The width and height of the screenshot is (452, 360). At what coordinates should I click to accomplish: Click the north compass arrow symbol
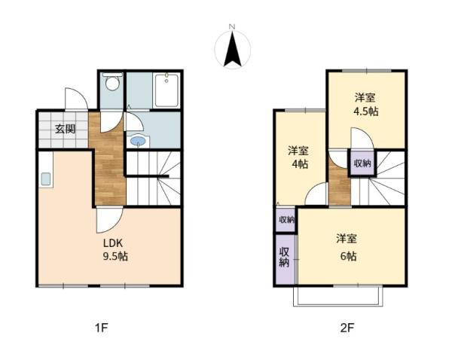(233, 50)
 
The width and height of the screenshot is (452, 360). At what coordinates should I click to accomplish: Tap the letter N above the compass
(233, 27)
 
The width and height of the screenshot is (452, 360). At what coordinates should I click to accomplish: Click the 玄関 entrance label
(65, 129)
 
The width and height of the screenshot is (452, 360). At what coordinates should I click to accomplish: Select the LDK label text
(113, 243)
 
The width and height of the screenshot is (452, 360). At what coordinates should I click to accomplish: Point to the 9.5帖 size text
(115, 257)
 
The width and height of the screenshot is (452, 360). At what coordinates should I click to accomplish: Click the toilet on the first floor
(112, 82)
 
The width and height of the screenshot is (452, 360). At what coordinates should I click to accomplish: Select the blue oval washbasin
(138, 141)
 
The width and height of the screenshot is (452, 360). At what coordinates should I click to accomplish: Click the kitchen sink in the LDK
(45, 179)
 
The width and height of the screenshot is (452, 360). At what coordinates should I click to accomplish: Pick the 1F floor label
(102, 328)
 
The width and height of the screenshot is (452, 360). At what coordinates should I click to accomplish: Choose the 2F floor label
(346, 328)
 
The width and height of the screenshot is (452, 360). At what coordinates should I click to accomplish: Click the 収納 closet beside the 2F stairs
(362, 163)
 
